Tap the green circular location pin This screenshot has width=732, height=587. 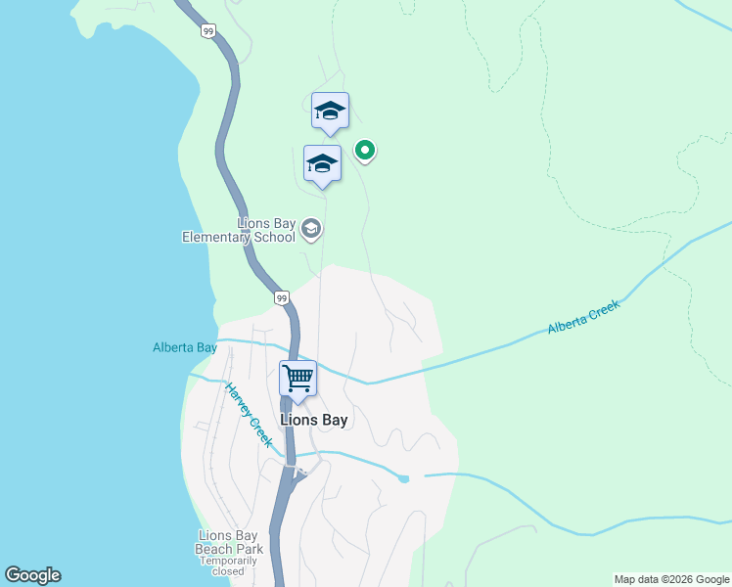365,150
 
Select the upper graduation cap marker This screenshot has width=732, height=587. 330,111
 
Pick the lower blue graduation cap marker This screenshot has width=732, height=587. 322,163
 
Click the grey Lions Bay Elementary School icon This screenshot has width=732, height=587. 311,230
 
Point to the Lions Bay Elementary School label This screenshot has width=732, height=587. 239,230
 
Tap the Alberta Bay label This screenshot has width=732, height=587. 185,347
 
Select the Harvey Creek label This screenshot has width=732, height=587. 249,415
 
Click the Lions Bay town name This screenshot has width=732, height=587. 314,420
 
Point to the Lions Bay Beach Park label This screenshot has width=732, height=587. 230,542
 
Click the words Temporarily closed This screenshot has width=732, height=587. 230,567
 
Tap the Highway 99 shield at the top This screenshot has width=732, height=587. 208,31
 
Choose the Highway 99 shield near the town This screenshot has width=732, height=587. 281,297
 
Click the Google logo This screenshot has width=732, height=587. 32,575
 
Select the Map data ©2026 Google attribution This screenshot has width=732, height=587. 671,579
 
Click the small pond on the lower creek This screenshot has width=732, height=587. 403,478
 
